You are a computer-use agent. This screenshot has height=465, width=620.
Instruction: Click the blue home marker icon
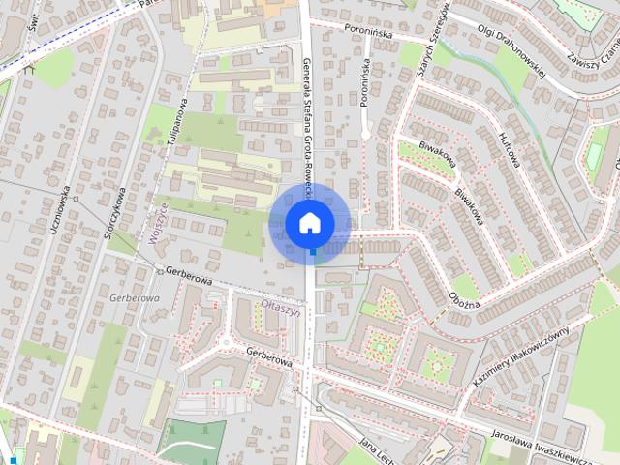(310, 223)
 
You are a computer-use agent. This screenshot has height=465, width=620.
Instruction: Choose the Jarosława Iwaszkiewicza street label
(554, 445)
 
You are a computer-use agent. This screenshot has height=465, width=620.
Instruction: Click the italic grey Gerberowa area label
(135, 298)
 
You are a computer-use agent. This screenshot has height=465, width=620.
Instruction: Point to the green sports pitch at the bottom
(193, 443)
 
